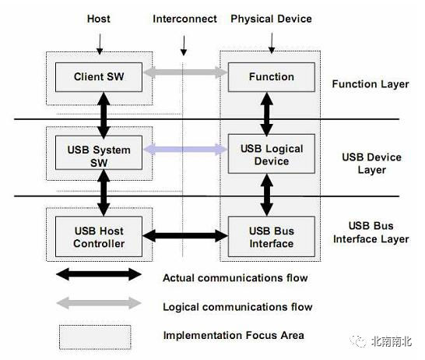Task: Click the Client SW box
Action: click(x=99, y=77)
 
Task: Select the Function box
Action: click(x=272, y=77)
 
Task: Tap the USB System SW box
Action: click(x=99, y=153)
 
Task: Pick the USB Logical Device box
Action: click(x=272, y=154)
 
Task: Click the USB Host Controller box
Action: click(x=99, y=237)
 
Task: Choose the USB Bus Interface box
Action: click(x=272, y=237)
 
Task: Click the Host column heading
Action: click(x=99, y=19)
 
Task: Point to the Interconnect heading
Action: click(x=184, y=19)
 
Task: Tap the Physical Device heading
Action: click(x=271, y=19)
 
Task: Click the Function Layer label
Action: click(x=371, y=84)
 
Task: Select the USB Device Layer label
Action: click(x=371, y=164)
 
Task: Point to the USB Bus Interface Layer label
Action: click(x=371, y=232)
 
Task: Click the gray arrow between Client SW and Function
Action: click(x=185, y=72)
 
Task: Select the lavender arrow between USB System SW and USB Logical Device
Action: click(x=185, y=149)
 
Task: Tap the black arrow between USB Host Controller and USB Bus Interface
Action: click(x=185, y=236)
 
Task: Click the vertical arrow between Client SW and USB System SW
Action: click(x=104, y=115)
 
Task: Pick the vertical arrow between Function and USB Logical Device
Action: click(x=267, y=115)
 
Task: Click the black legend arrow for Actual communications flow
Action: click(x=99, y=274)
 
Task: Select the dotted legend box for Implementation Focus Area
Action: click(x=95, y=337)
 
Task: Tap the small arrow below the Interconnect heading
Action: click(x=184, y=45)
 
